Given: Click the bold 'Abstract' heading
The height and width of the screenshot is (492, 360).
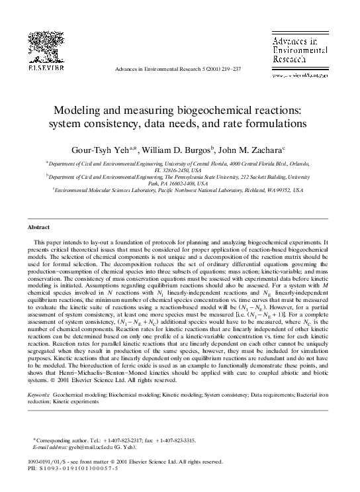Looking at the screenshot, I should pyautogui.click(x=43, y=226).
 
